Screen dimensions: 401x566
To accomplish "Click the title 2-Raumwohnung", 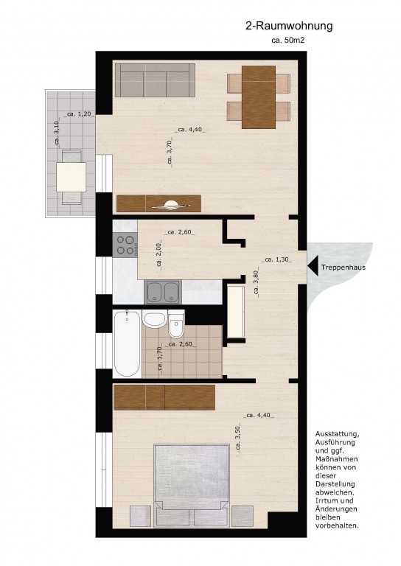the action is click(x=289, y=27).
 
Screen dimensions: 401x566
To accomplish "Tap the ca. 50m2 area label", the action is click(x=287, y=41).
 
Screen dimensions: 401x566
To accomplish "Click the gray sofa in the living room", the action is click(x=156, y=80).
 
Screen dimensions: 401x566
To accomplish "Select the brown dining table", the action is click(x=259, y=97).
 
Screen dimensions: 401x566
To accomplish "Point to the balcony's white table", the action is click(x=71, y=177).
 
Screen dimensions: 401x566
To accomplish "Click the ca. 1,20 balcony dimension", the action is click(x=79, y=114).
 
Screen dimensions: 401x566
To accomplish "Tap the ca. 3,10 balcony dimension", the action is click(x=57, y=133).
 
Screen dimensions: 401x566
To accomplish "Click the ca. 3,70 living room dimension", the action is click(x=170, y=153).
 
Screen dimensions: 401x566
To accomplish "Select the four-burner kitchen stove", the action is click(x=125, y=245).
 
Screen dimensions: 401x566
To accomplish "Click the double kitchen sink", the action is click(x=163, y=292).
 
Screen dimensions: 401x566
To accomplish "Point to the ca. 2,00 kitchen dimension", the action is click(x=159, y=255).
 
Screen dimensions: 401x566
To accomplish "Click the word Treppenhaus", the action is click(x=344, y=268).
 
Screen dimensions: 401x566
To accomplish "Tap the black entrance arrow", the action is click(x=313, y=266).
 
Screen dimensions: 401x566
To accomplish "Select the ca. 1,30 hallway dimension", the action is click(x=277, y=259).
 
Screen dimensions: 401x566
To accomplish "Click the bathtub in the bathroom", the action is click(x=127, y=344).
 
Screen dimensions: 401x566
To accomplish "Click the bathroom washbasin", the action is click(x=154, y=319).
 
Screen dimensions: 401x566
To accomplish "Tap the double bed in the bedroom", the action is click(x=192, y=485).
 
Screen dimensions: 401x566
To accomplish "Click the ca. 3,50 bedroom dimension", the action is click(x=238, y=439).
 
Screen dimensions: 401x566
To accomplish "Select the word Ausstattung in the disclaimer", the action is click(x=337, y=434).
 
